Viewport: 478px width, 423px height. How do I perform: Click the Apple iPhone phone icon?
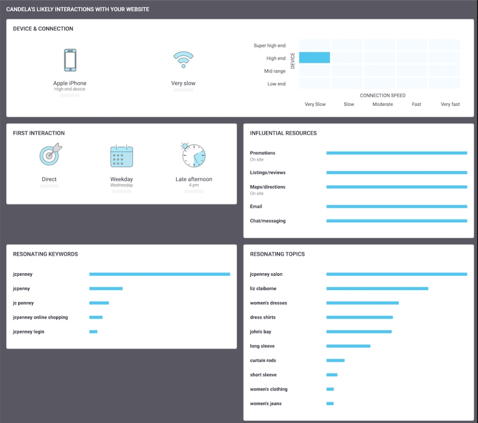coord(70,60)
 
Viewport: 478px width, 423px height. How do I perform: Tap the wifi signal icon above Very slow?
coord(183,59)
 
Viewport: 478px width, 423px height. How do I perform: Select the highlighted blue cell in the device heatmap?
coord(315,58)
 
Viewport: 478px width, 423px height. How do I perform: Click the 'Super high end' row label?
coord(269,46)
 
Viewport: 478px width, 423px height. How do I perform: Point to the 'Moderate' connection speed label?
coord(382,105)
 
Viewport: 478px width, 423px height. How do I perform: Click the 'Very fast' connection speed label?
coord(450,105)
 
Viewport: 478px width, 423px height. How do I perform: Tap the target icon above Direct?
coord(50,155)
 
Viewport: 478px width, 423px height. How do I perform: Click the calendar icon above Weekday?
coord(121,156)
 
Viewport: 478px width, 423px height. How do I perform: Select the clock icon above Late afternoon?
coord(193,155)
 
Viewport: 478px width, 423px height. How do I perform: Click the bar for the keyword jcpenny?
coord(106,289)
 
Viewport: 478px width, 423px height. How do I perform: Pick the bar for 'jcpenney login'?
coord(93,332)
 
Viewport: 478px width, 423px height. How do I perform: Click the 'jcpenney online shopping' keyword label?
coord(40,317)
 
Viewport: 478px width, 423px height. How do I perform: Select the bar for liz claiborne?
coord(377,289)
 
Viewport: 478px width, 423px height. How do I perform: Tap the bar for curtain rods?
coord(335,360)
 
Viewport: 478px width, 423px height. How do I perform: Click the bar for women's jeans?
coord(330,404)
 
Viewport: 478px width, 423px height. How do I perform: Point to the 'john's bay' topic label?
coord(260,332)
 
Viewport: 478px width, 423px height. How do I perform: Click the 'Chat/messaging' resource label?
coord(267,221)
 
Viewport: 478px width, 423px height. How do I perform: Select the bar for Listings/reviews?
coord(396,173)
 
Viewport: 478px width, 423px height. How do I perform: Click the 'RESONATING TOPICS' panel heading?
coord(277,254)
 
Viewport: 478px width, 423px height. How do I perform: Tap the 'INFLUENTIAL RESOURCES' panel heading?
coord(283,133)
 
